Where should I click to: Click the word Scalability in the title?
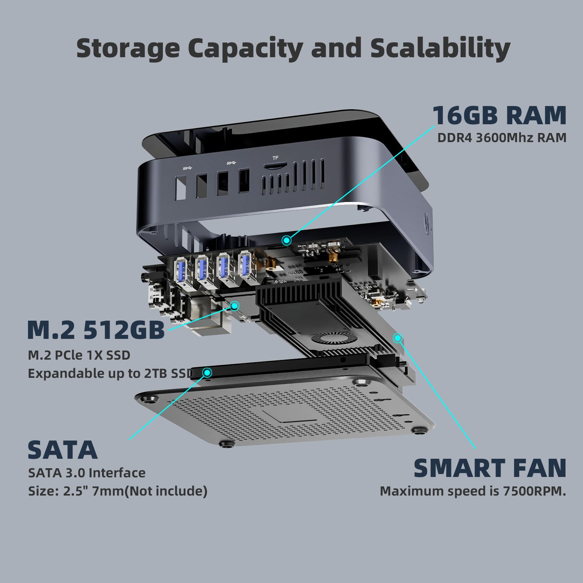click(440, 49)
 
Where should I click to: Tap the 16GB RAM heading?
click(499, 115)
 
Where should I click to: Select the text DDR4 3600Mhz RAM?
click(502, 138)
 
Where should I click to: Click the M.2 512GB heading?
click(96, 330)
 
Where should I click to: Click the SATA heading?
click(63, 450)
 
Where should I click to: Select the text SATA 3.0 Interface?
click(87, 473)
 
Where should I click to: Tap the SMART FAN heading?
click(490, 468)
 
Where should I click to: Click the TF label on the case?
click(275, 158)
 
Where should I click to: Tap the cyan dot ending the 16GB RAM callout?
click(287, 240)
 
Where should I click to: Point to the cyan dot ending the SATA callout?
click(207, 372)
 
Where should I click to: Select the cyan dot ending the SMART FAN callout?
click(398, 338)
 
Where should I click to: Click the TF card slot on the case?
click(273, 167)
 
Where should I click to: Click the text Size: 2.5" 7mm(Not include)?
click(118, 491)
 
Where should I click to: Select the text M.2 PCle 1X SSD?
click(79, 355)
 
